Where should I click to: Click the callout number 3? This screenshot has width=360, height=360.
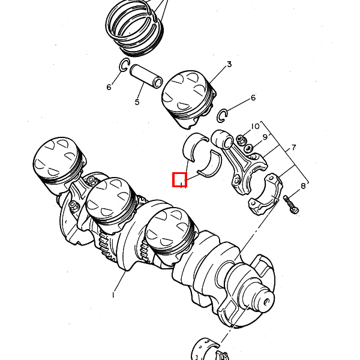click(x=229, y=65)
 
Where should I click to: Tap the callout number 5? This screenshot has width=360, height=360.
click(x=137, y=102)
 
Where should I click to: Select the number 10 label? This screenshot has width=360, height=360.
click(x=255, y=126)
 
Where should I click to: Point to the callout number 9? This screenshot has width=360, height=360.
click(x=265, y=137)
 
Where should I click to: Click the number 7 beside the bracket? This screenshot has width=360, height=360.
click(x=294, y=148)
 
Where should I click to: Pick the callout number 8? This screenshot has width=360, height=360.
click(x=303, y=186)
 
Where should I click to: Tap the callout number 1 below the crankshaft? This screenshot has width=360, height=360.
click(x=113, y=295)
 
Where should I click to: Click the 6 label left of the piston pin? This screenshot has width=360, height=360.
click(x=109, y=87)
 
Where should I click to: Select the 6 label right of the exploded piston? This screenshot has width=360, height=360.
click(x=253, y=98)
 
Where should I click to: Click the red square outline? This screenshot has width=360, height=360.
click(x=180, y=179)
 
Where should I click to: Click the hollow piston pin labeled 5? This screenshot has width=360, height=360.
click(x=146, y=76)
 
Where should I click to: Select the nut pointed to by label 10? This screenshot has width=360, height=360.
click(x=240, y=139)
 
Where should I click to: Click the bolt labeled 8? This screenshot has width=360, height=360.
click(x=291, y=203)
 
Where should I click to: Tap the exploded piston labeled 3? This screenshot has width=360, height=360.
click(x=189, y=99)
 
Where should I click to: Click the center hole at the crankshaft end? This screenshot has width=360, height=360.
click(x=267, y=301)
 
